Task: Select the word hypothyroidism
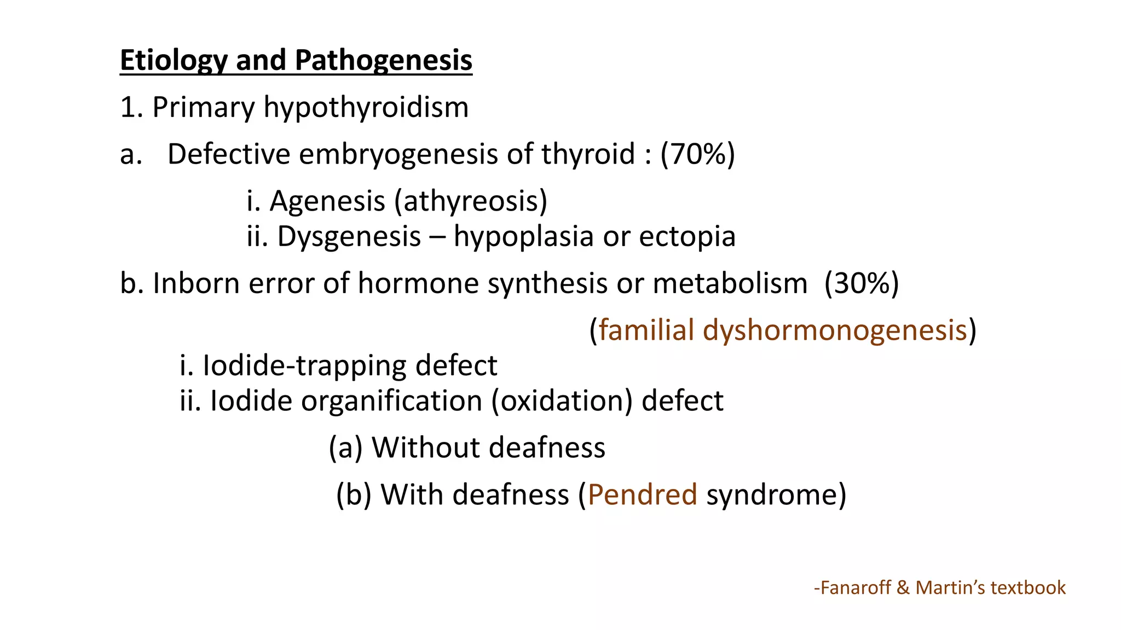[x=366, y=107]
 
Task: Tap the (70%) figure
[x=697, y=154]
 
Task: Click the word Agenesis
[x=327, y=201]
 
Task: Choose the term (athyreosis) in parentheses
[x=471, y=201]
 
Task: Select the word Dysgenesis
[x=349, y=236]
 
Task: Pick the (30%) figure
[x=862, y=283]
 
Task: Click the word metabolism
[x=730, y=283]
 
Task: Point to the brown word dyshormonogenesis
[x=835, y=330]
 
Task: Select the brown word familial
[x=646, y=330]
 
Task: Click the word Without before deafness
[x=426, y=447]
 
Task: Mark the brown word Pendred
[x=642, y=494]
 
